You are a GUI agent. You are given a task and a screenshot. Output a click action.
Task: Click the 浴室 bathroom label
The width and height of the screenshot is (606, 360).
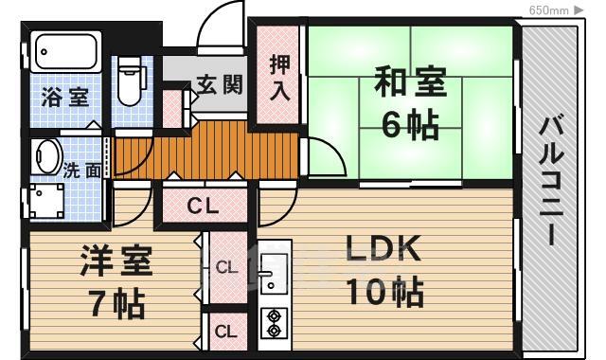65,97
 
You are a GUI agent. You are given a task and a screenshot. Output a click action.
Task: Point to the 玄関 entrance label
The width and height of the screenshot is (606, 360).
220,83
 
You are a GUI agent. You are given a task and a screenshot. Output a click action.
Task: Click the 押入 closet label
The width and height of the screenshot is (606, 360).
279,78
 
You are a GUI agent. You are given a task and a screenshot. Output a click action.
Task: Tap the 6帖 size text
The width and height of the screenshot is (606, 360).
409,125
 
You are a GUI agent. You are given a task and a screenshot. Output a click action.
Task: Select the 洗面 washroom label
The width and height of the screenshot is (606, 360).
82,171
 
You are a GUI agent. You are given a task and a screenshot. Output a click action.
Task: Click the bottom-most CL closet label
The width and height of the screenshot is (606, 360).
225,332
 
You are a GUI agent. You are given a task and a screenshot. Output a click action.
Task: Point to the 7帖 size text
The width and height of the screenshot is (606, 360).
116,304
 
